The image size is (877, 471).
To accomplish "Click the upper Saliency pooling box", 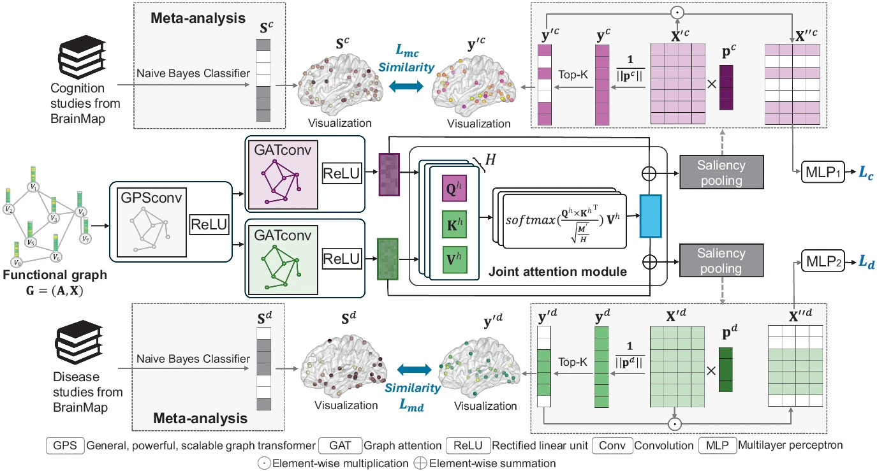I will [x=721, y=173].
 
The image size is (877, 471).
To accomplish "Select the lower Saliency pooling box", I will [x=721, y=261].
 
